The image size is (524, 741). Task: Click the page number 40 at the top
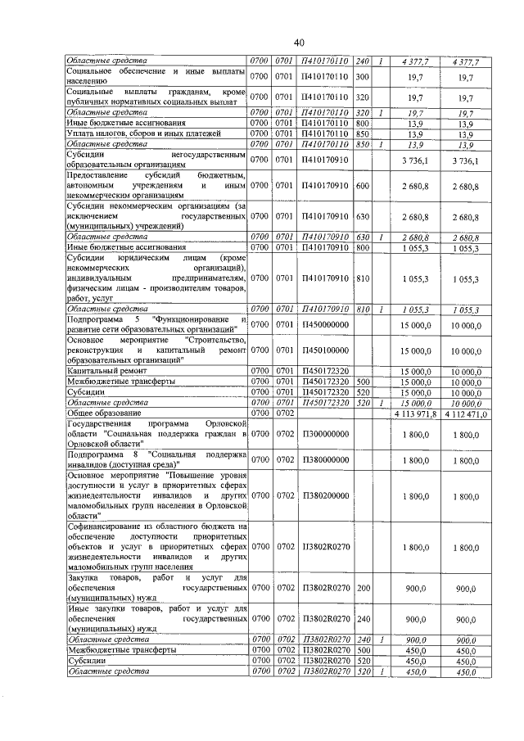pyautogui.click(x=299, y=42)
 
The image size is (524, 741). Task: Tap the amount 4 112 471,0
pyautogui.click(x=467, y=414)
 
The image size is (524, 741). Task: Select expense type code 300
pyautogui.click(x=364, y=76)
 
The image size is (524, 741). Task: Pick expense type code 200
pyautogui.click(x=364, y=588)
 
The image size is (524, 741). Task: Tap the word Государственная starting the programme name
pyautogui.click(x=104, y=424)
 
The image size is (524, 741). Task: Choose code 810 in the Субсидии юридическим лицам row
pyautogui.click(x=364, y=278)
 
